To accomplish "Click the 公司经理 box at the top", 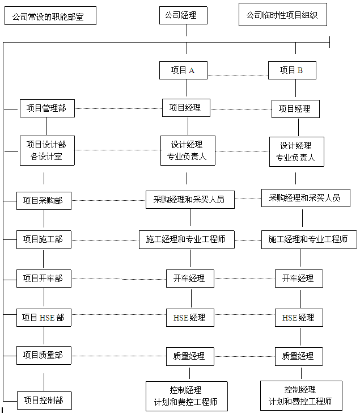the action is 183,15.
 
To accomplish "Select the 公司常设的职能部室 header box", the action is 50,16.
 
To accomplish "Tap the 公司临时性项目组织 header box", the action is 283,15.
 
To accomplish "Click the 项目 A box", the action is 183,70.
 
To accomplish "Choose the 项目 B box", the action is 292,70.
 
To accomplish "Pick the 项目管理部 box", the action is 48,108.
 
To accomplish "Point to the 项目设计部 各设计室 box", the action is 48,151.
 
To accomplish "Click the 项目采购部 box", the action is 44,201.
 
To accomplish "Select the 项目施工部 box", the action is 44,239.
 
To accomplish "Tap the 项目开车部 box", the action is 44,279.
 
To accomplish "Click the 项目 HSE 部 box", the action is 44,318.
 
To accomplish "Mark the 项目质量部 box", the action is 44,355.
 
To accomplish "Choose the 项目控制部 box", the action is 44,401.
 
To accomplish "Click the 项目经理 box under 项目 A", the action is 186,108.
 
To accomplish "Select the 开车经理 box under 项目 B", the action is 299,279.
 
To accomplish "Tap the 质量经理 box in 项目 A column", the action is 190,356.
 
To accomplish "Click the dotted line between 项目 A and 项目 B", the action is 238,75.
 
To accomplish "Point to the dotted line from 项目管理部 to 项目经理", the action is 118,108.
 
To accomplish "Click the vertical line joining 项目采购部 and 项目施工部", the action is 44,218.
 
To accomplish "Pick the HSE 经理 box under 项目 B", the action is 299,318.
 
